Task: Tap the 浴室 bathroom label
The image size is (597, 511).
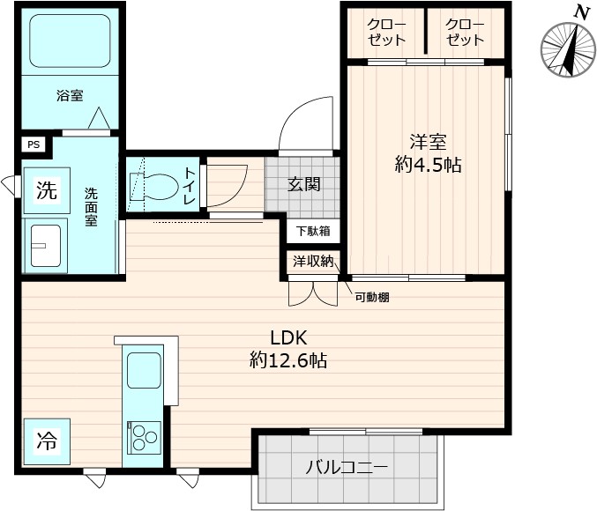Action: pos(70,95)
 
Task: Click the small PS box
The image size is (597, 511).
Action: pos(34,144)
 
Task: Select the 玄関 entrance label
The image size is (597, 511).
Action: pos(304,185)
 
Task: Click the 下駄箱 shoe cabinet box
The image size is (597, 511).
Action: pos(312,231)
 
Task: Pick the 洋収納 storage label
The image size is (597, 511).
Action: pos(313,260)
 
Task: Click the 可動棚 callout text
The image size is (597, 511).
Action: pos(372,297)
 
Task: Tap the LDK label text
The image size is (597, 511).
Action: pos(287,338)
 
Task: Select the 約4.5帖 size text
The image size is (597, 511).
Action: pos(428,164)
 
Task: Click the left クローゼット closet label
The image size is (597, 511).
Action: pos(386,33)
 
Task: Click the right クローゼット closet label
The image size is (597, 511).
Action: pos(465,33)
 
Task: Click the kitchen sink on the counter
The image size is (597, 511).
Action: pos(144,370)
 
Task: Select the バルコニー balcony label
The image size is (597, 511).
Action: pos(347,467)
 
